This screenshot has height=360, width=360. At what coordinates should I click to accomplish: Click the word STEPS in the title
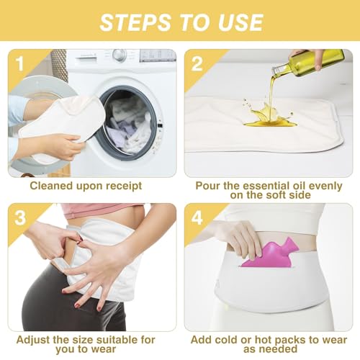coord(135,22)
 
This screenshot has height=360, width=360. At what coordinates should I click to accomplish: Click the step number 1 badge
coord(19,63)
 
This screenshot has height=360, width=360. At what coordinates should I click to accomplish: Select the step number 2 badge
coord(197,63)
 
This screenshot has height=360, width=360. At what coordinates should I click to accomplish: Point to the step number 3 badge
coord(20,217)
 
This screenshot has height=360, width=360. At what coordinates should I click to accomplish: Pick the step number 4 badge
coord(197,217)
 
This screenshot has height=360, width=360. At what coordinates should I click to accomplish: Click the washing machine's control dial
coord(120,55)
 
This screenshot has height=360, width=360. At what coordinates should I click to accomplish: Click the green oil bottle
coord(317,62)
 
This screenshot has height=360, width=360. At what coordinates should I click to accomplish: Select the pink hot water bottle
coord(271,253)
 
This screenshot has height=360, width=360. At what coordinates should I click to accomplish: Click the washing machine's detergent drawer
coord(86,57)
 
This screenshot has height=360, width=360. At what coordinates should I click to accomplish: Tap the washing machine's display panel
coord(158,55)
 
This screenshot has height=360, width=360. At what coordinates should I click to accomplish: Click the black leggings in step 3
coord(72,300)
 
